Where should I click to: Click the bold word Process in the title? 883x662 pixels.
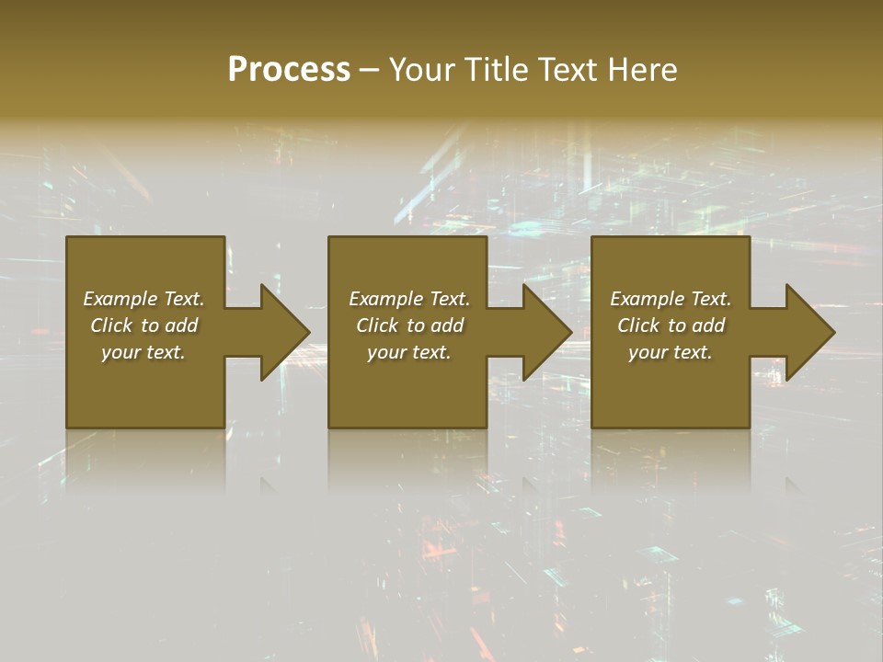tap(289, 70)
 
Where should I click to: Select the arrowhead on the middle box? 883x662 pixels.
tap(546, 332)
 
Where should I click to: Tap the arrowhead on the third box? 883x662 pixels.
tap(809, 332)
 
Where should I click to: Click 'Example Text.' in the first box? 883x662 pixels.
tap(143, 299)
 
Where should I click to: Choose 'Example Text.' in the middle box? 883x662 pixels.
tap(409, 299)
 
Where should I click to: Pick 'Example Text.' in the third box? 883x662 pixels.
tap(671, 299)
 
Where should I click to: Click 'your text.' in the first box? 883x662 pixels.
tap(143, 352)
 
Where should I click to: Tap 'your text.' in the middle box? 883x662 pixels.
tap(409, 352)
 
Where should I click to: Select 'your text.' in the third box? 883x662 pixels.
tap(671, 352)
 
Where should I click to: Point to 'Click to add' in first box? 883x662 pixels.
tap(143, 325)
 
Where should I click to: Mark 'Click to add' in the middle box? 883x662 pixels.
tap(409, 325)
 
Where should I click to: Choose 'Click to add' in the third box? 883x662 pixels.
tap(671, 325)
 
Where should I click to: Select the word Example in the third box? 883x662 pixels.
tap(648, 299)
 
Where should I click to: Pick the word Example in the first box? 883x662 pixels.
tap(120, 299)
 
